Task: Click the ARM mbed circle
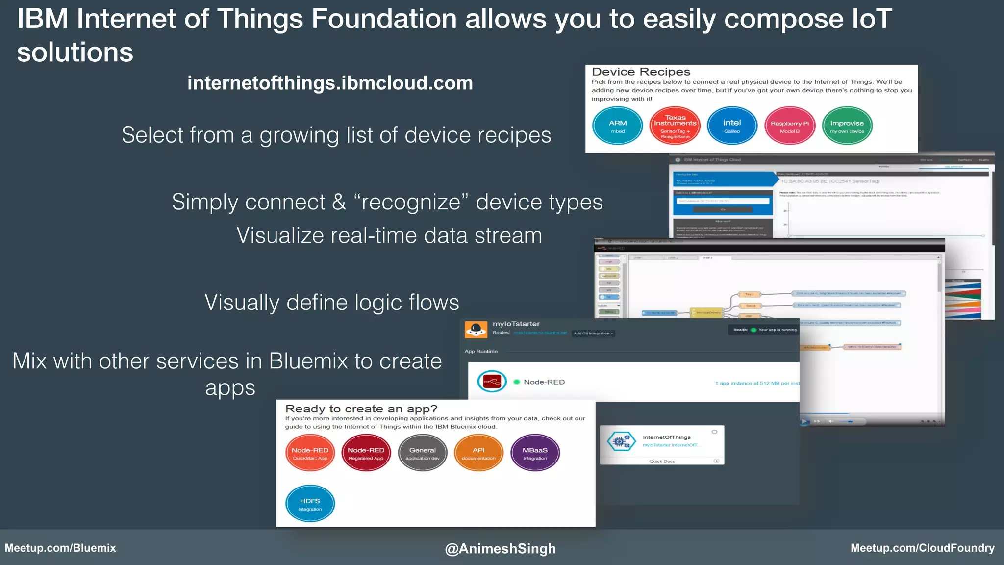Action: (618, 126)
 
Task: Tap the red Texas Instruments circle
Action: (675, 126)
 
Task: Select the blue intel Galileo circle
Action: (732, 126)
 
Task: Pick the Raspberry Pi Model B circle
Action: (790, 126)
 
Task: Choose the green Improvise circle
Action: (847, 126)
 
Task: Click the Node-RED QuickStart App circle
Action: (310, 453)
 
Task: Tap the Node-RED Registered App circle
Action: (366, 453)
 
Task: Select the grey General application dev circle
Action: (423, 453)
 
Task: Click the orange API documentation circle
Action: (478, 453)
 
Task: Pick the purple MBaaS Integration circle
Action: (535, 453)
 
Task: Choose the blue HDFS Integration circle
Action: (310, 504)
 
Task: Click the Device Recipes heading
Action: (641, 72)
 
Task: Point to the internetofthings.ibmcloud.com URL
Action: (330, 83)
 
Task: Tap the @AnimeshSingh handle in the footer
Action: (500, 548)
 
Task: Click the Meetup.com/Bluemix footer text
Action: (60, 548)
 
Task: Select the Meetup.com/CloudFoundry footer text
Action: (923, 548)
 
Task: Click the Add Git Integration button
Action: (593, 334)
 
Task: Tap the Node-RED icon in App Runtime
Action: (492, 382)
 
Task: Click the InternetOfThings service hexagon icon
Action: (620, 441)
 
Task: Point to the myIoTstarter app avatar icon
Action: (476, 330)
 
